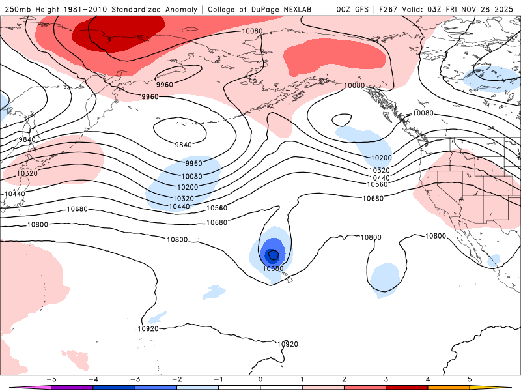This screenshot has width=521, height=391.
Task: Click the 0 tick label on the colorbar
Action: pyautogui.click(x=260, y=379)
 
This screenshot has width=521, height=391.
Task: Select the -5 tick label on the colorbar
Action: pyautogui.click(x=50, y=379)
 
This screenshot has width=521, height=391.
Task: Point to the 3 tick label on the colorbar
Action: pyautogui.click(x=386, y=379)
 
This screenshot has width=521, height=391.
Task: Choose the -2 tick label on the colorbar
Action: pyautogui.click(x=176, y=379)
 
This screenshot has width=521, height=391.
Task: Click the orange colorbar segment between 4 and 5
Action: pyautogui.click(x=448, y=387)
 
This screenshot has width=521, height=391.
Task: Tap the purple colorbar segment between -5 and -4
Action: pyautogui.click(x=72, y=387)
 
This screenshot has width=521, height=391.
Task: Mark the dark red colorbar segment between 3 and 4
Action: pyautogui.click(x=406, y=387)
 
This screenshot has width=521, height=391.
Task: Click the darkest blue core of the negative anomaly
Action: pyautogui.click(x=273, y=255)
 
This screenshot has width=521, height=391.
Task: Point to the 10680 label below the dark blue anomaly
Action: pyautogui.click(x=273, y=268)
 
